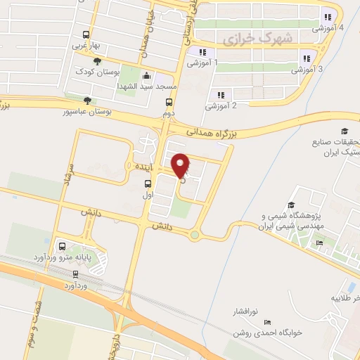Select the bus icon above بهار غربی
click(86, 34)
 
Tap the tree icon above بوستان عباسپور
click(86, 101)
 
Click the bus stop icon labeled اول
click(147, 184)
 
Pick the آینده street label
click(134, 165)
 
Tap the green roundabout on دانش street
click(194, 235)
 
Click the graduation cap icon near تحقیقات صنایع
click(345, 131)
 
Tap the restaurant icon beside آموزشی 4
click(327, 18)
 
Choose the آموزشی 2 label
click(220, 107)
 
